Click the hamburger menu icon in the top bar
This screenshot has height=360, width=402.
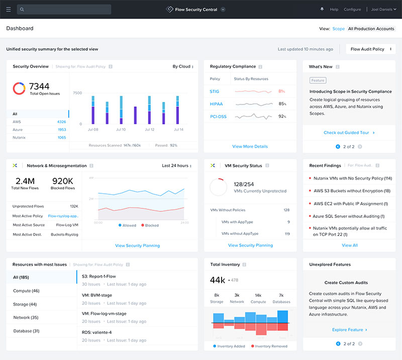(8, 9)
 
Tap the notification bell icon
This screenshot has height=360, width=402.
(322, 9)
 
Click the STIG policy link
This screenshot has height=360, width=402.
(215, 91)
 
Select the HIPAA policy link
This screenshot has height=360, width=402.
(216, 104)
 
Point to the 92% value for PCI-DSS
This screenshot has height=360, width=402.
(282, 116)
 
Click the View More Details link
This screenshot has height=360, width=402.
(250, 147)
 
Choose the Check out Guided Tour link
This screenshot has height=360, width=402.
(349, 133)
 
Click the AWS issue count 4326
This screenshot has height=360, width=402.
(61, 122)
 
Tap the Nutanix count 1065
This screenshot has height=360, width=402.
(61, 138)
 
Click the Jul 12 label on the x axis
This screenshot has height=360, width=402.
(149, 130)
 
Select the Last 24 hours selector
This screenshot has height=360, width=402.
(176, 165)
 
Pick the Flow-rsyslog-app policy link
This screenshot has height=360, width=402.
(63, 216)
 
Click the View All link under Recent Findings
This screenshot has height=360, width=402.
(350, 246)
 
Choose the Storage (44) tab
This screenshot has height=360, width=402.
(26, 304)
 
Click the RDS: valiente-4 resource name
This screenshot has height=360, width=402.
(96, 332)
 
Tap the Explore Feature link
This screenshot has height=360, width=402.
(349, 330)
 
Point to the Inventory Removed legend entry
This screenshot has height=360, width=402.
(271, 346)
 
